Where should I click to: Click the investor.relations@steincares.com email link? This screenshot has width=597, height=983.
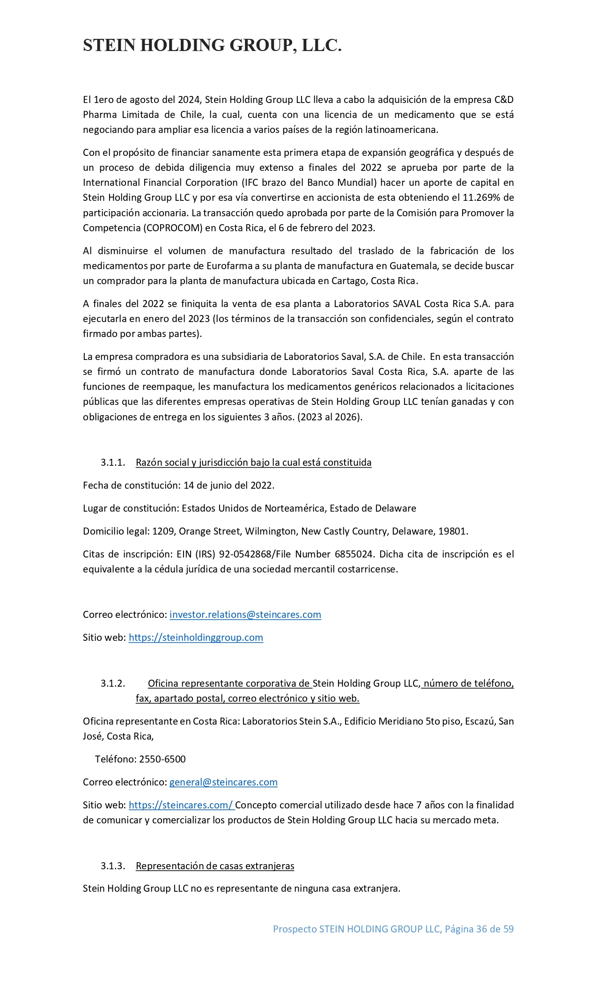[245, 615]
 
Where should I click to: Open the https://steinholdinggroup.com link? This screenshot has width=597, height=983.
[196, 638]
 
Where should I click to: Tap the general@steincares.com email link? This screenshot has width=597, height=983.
[223, 782]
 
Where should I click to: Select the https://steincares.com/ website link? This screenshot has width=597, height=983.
[181, 805]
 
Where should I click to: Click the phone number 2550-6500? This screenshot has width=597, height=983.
[162, 759]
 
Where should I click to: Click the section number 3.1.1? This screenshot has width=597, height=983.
[113, 462]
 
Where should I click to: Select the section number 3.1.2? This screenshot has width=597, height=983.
[113, 683]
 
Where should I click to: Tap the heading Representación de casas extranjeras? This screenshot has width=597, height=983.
[215, 866]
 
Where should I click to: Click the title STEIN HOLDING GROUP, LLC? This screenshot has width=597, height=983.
[212, 45]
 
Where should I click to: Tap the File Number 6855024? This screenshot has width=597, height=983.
[354, 554]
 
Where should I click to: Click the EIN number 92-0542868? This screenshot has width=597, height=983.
[245, 554]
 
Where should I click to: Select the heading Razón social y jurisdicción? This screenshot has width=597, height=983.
[253, 462]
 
